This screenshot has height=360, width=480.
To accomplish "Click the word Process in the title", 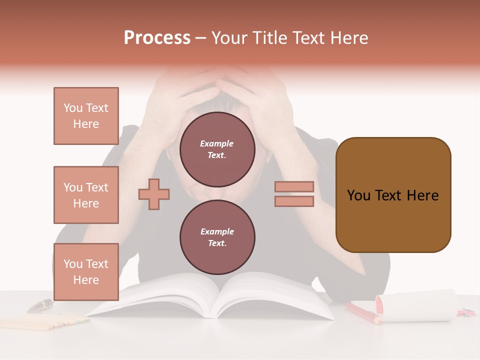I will (157, 38).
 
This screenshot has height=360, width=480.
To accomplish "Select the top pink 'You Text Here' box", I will (86, 116).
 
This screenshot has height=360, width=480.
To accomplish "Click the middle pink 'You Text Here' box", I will (86, 195).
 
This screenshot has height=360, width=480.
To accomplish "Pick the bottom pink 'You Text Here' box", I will (86, 272).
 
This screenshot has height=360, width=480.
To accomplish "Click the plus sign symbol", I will (154, 194).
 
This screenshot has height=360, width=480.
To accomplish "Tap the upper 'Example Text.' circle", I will (217, 149).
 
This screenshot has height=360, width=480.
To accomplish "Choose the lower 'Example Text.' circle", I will (217, 237).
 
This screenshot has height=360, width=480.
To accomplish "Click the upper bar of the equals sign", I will (294, 186).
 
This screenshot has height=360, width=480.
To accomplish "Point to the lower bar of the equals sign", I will (294, 201).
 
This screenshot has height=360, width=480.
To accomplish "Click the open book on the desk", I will (210, 297).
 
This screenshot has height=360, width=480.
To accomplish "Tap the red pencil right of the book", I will (362, 313).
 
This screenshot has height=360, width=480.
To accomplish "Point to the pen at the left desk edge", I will (40, 305).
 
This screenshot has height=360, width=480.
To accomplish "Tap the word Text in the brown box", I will (392, 195).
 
